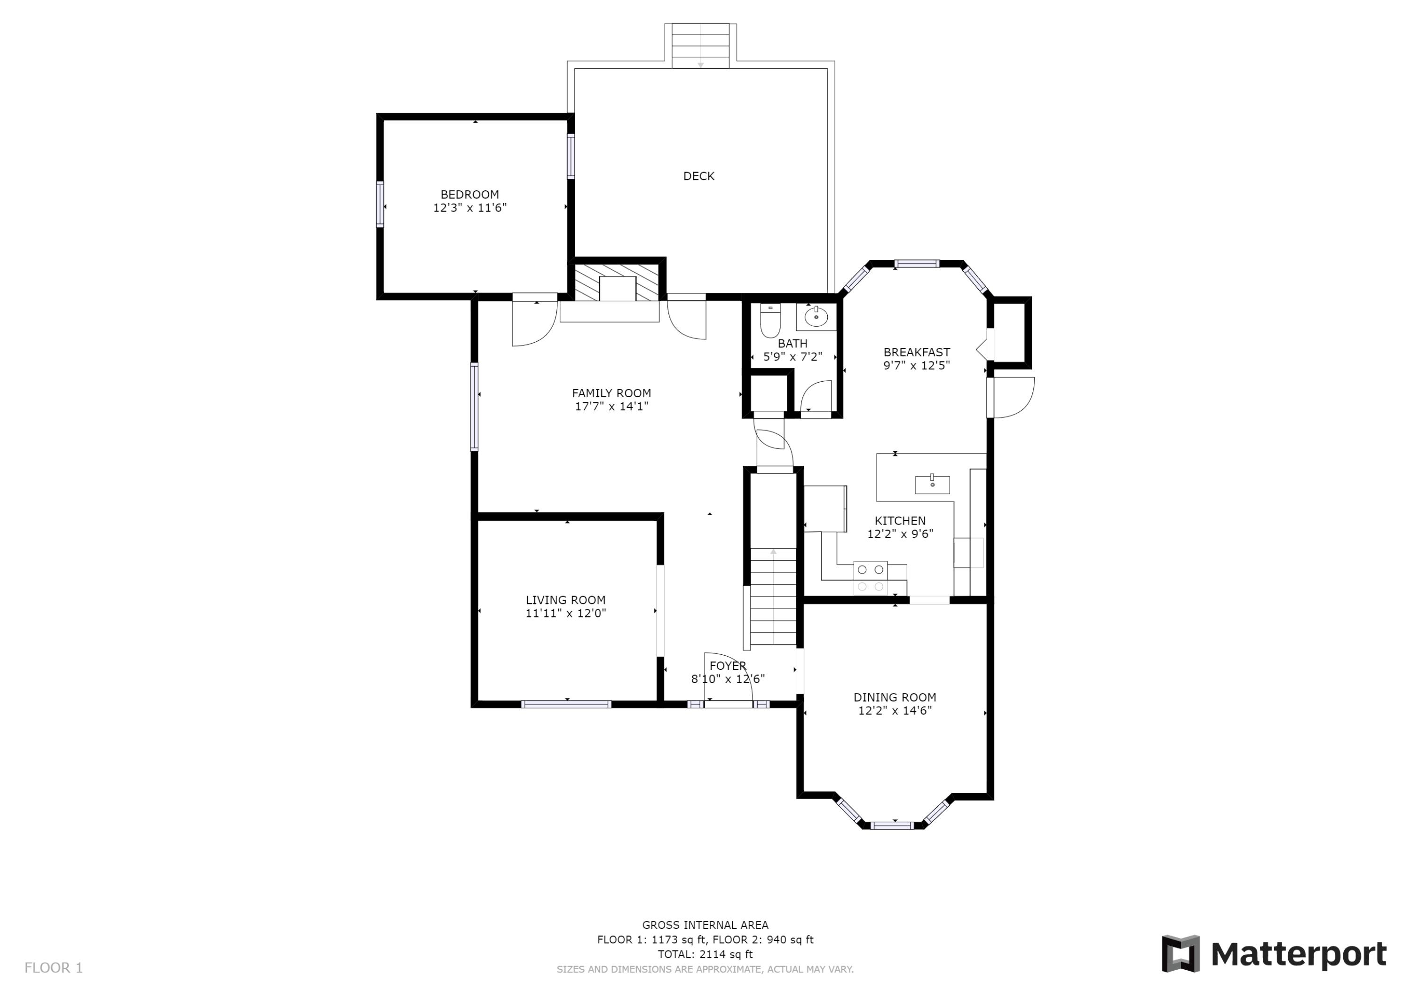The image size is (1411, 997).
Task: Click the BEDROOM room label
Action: pyautogui.click(x=469, y=195)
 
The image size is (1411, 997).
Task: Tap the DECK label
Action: pyautogui.click(x=699, y=176)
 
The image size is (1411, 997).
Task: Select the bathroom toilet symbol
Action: pyautogui.click(x=770, y=321)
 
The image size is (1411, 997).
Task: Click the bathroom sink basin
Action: pyautogui.click(x=816, y=317)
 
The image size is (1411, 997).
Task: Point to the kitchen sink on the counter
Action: pyautogui.click(x=932, y=485)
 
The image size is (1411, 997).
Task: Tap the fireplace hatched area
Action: pyautogui.click(x=618, y=283)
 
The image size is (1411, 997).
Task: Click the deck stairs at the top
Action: pyautogui.click(x=700, y=46)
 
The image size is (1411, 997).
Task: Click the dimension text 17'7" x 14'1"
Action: pyautogui.click(x=611, y=407)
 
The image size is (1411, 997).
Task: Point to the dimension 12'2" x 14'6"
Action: pyautogui.click(x=895, y=711)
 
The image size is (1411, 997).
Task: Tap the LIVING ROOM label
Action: pyautogui.click(x=565, y=600)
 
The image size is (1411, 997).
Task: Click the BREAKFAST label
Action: pyautogui.click(x=916, y=353)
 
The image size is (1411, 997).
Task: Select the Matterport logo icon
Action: pyautogui.click(x=1180, y=953)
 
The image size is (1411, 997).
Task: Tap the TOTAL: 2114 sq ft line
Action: pyautogui.click(x=705, y=954)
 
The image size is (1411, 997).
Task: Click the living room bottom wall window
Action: pyautogui.click(x=566, y=705)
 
